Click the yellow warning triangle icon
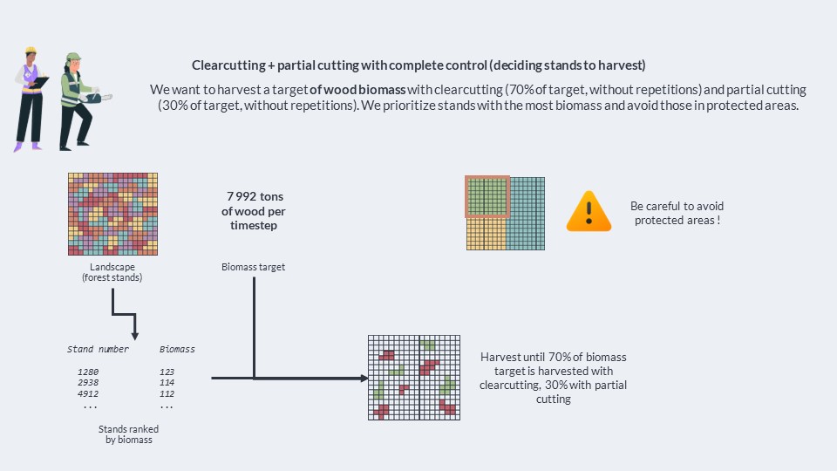(x=589, y=211)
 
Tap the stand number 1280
(x=88, y=372)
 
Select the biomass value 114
(x=167, y=382)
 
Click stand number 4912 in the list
(x=88, y=393)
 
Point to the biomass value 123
(x=167, y=372)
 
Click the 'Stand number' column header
(x=98, y=349)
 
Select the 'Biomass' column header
(x=177, y=349)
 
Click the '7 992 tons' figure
(x=255, y=196)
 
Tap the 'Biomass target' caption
(x=253, y=267)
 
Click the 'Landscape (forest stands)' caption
(x=112, y=272)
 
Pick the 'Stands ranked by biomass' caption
(x=129, y=434)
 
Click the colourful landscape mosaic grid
(x=112, y=214)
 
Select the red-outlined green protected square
(x=487, y=196)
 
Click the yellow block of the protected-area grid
(x=486, y=234)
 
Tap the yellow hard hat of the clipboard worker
(x=31, y=51)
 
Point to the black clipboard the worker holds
(x=39, y=83)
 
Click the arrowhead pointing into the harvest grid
(x=364, y=378)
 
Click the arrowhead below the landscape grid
(x=135, y=336)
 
